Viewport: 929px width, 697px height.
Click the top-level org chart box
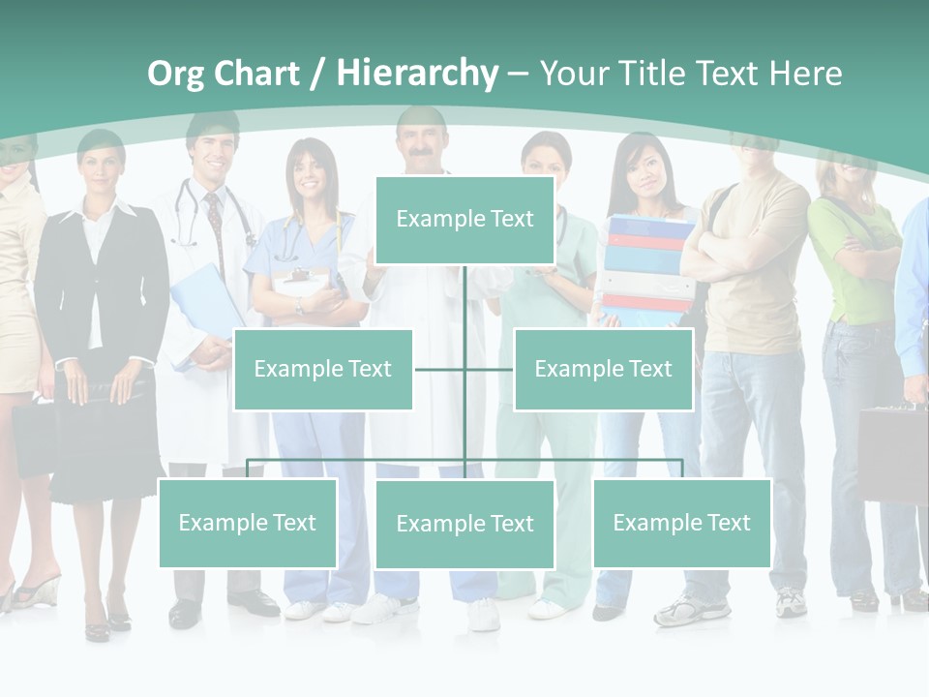point(464,220)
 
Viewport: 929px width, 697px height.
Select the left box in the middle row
point(323,370)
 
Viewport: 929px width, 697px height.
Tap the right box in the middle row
point(603,370)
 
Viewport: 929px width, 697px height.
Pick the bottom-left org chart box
point(248,524)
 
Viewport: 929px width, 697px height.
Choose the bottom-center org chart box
point(464,525)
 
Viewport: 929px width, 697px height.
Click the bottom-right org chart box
point(681,524)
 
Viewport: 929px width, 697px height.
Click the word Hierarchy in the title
point(417,73)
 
